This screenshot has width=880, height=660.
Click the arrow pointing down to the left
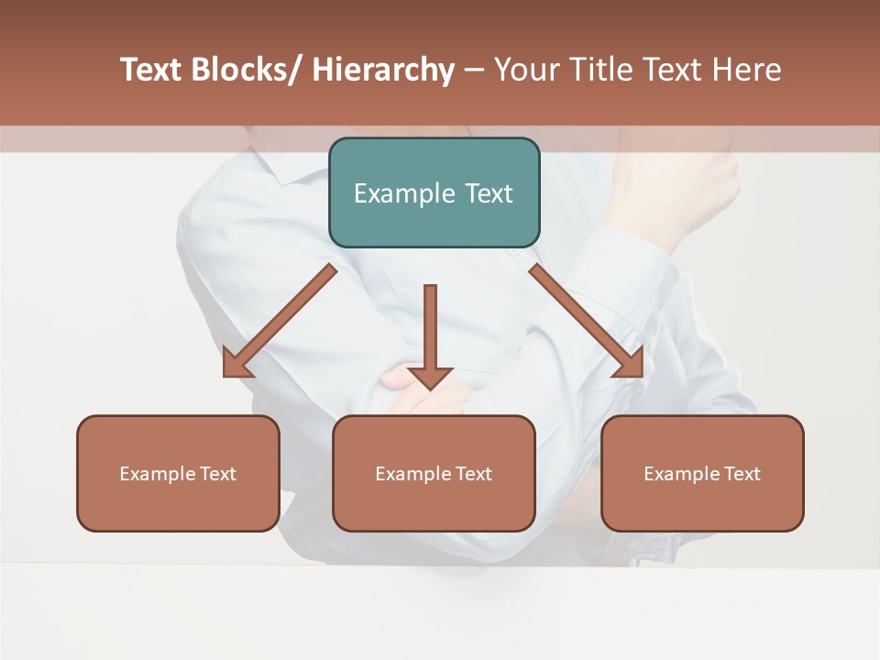coord(280,321)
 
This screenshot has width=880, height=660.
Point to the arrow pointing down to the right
coord(587,321)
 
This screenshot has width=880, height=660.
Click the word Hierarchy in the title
coord(383,70)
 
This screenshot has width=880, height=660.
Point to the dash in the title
coord(474,70)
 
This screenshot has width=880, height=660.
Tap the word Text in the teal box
coord(489,193)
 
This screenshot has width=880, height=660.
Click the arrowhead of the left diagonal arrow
coord(235,364)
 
